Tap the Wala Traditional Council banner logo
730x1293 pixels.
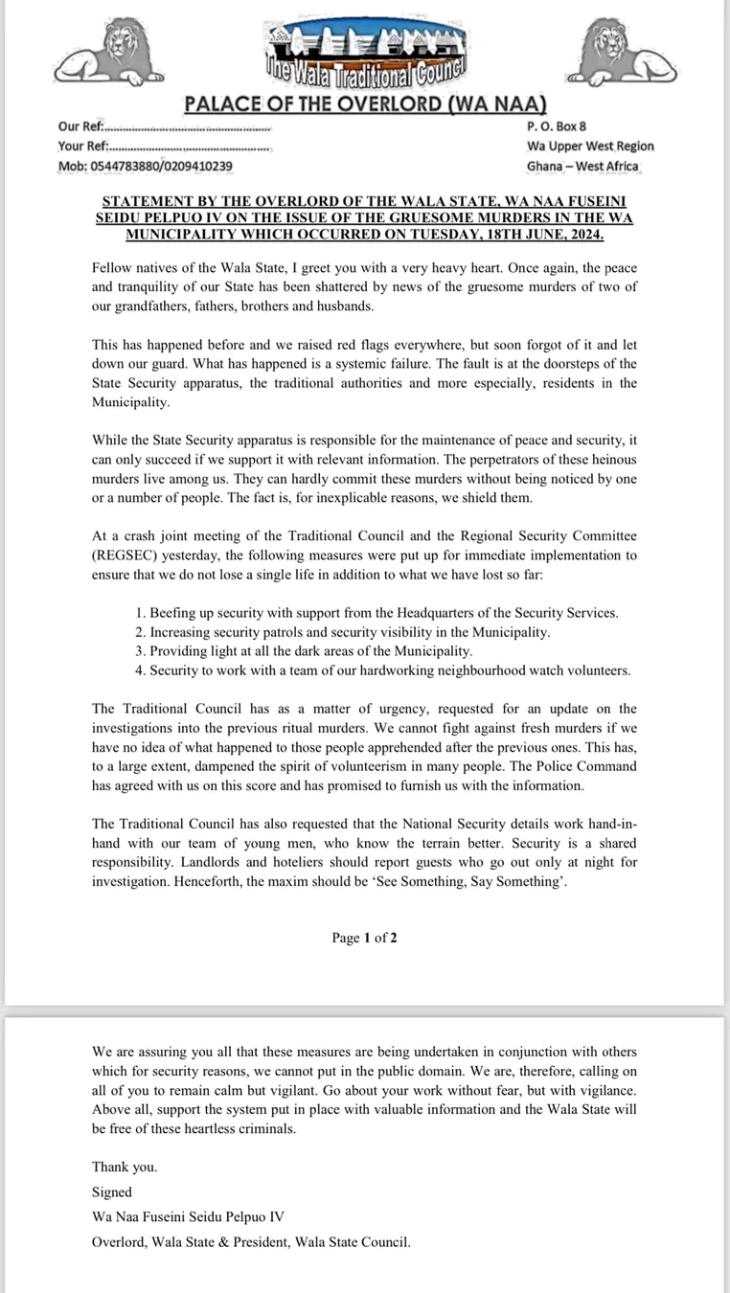coord(364,53)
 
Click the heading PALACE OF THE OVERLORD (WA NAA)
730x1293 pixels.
coord(365,103)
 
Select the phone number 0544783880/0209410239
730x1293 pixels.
coord(145,166)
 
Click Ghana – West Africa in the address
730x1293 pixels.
coord(582,166)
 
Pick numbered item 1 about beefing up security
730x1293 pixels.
coord(376,613)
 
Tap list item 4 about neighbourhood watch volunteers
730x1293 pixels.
coord(382,670)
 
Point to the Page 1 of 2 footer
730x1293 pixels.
coord(364,938)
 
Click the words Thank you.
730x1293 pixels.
coord(125,1167)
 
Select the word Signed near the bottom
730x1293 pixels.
coord(112,1192)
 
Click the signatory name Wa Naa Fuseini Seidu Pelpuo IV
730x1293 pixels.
coord(188,1217)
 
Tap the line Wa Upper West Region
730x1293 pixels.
coord(590,146)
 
